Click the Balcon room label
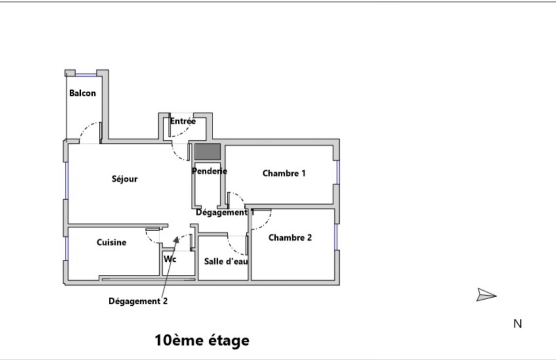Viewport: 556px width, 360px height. tap(82, 93)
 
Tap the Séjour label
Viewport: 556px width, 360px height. tap(125, 179)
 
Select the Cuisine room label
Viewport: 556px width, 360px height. tap(111, 242)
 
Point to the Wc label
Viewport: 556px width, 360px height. tap(170, 259)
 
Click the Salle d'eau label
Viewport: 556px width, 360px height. tap(226, 262)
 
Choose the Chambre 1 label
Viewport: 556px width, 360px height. tap(284, 173)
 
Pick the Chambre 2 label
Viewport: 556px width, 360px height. tap(290, 237)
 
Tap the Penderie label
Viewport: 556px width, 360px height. tap(209, 171)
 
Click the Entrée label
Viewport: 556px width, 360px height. tap(182, 121)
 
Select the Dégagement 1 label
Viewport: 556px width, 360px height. tap(225, 212)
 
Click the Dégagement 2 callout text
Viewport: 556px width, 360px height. tap(138, 301)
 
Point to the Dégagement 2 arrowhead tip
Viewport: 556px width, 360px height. tap(177, 236)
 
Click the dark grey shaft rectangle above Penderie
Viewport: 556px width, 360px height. tap(208, 151)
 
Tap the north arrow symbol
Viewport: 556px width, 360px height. tap(486, 295)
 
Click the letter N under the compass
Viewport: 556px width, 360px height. tap(518, 323)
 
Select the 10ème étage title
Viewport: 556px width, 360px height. tap(202, 340)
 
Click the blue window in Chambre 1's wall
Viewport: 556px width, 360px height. tap(338, 172)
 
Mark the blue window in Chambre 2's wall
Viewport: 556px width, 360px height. tap(336, 237)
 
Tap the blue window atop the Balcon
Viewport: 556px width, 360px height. tap(86, 75)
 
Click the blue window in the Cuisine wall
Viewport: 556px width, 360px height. tap(67, 248)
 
